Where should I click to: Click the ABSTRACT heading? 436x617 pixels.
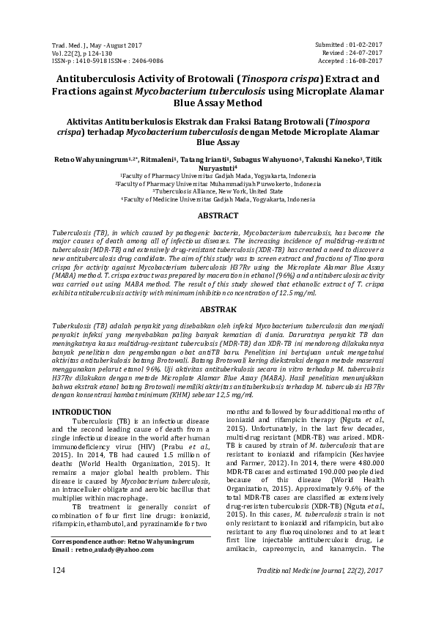click(218, 215)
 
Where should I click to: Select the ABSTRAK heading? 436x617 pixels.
click(218, 308)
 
